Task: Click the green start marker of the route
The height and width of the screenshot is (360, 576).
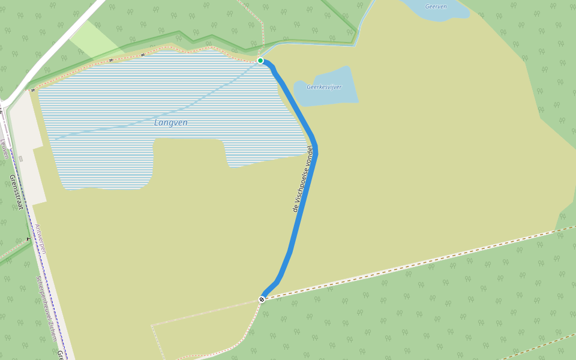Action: pyautogui.click(x=260, y=61)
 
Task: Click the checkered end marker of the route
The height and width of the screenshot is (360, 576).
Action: pyautogui.click(x=262, y=299)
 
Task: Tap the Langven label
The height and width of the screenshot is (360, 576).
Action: pyautogui.click(x=171, y=122)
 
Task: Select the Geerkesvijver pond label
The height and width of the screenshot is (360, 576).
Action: pyautogui.click(x=324, y=87)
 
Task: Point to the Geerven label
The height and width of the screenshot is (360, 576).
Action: pyautogui.click(x=436, y=7)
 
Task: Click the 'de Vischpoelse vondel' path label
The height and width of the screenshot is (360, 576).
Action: pyautogui.click(x=303, y=179)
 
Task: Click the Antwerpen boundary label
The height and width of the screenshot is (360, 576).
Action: pyautogui.click(x=40, y=239)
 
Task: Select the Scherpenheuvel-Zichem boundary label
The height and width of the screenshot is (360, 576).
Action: pyautogui.click(x=46, y=308)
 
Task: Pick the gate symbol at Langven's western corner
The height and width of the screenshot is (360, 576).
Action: pyautogui.click(x=32, y=90)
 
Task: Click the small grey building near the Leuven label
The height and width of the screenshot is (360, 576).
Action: pyautogui.click(x=20, y=158)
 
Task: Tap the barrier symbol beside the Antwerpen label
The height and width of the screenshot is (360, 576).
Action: pyautogui.click(x=28, y=239)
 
